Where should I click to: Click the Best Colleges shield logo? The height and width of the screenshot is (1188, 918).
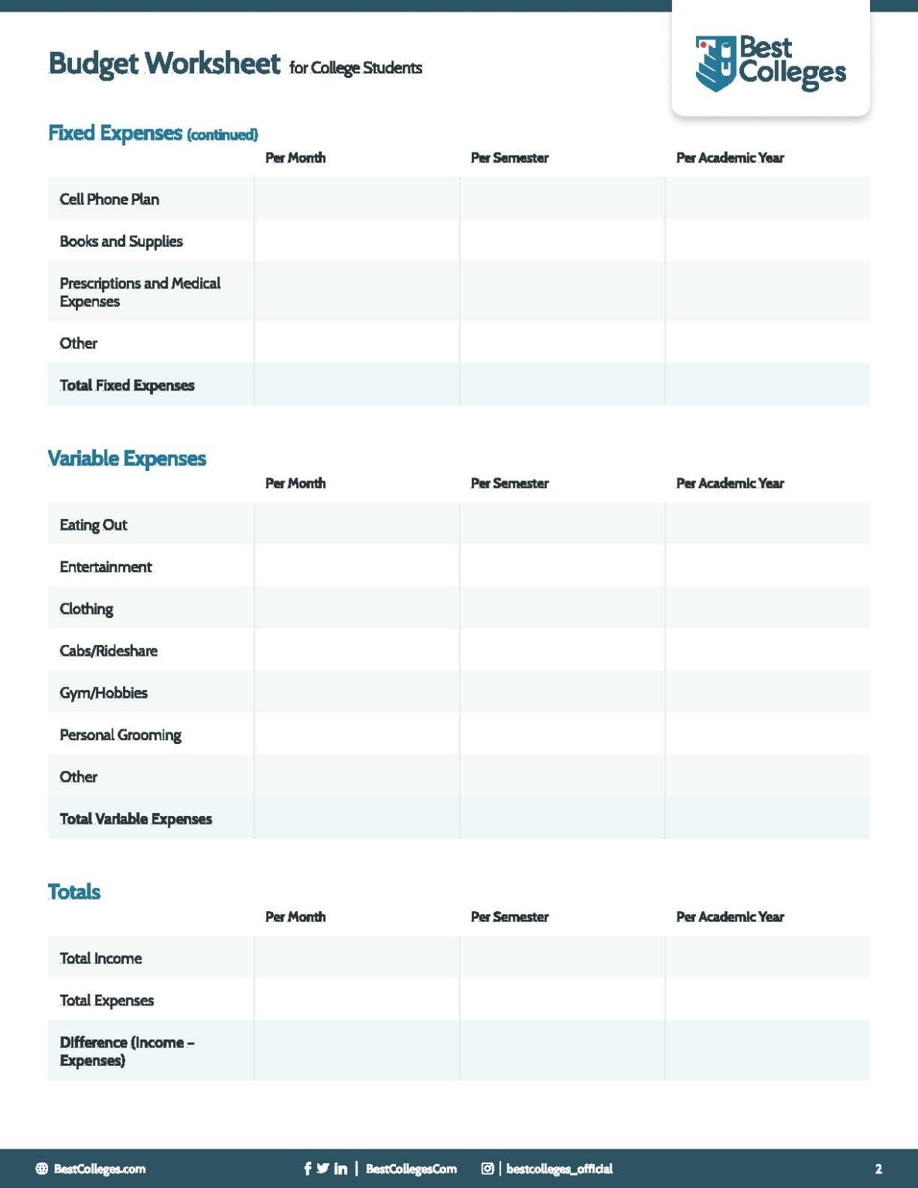(715, 63)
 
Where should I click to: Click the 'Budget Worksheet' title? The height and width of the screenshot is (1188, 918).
(164, 63)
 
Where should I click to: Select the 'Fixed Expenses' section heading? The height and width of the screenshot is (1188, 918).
(115, 133)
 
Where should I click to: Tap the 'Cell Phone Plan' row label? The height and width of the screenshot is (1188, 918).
(109, 199)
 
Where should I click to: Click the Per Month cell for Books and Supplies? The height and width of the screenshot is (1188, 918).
(357, 241)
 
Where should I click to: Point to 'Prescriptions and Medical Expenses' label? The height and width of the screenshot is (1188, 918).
(139, 292)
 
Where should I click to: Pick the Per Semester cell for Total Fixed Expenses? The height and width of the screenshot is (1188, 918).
(561, 384)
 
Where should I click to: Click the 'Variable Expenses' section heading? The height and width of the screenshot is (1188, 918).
(127, 458)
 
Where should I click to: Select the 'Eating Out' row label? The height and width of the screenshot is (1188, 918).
(93, 524)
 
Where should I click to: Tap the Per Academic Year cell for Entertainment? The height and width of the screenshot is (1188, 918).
(767, 566)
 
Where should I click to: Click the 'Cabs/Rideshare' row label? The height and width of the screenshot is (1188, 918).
(108, 650)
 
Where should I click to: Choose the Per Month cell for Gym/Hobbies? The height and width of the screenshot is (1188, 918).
(357, 692)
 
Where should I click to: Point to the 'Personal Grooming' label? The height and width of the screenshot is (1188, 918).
(120, 735)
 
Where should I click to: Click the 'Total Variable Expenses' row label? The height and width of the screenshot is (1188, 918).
(135, 818)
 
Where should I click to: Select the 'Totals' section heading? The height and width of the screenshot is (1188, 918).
(74, 891)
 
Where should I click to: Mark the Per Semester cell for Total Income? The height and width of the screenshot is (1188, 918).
(561, 958)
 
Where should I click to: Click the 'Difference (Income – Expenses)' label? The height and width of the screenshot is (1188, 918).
(127, 1050)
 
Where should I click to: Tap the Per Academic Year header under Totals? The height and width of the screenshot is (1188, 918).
(729, 917)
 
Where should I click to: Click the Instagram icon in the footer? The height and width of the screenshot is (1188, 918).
(487, 1168)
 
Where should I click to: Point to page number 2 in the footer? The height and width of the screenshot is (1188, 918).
(878, 1169)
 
